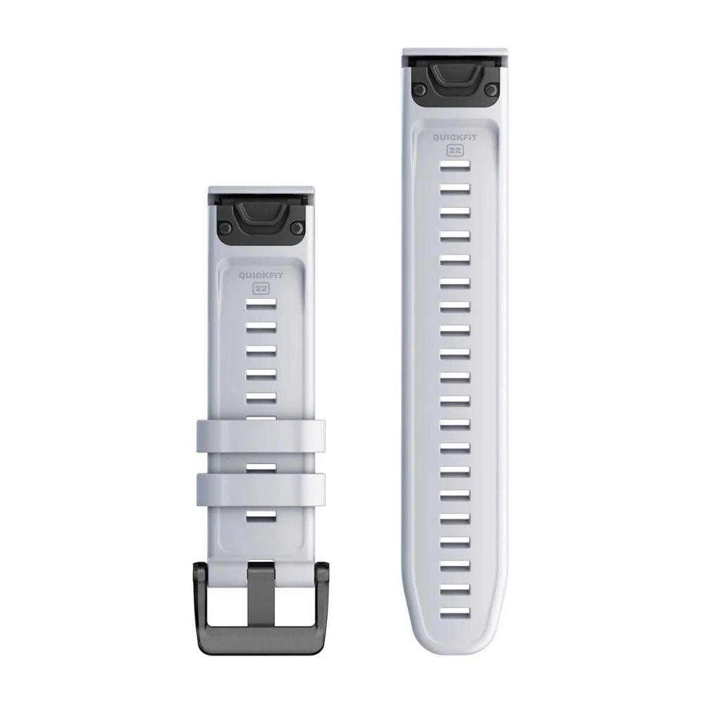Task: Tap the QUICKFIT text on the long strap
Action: pyautogui.click(x=456, y=138)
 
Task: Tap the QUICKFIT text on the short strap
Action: pyautogui.click(x=261, y=276)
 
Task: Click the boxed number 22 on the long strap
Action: pyautogui.click(x=456, y=150)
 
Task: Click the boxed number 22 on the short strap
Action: pyautogui.click(x=261, y=288)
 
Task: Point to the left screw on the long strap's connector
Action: pyautogui.click(x=419, y=89)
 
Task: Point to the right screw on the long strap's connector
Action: pyautogui.click(x=492, y=89)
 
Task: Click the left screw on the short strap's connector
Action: pyautogui.click(x=224, y=227)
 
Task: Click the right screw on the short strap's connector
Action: pyautogui.click(x=297, y=227)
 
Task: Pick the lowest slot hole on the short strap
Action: pyautogui.click(x=261, y=517)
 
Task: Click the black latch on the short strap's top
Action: pyautogui.click(x=261, y=214)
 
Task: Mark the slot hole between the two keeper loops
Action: pyautogui.click(x=261, y=465)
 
